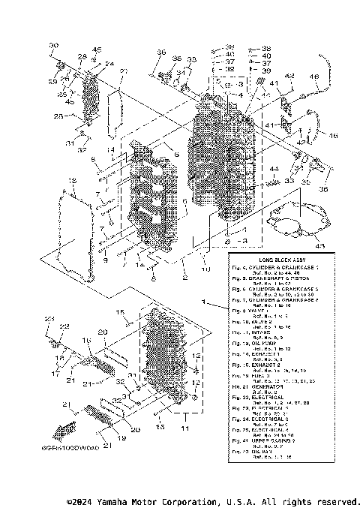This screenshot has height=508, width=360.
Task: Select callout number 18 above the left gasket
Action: click(x=71, y=182)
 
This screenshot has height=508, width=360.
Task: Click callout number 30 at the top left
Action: click(x=54, y=47)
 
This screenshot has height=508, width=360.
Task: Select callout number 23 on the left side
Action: click(x=49, y=320)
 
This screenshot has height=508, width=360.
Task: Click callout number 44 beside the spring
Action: click(x=274, y=169)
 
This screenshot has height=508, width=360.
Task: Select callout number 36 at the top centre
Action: click(x=161, y=52)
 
